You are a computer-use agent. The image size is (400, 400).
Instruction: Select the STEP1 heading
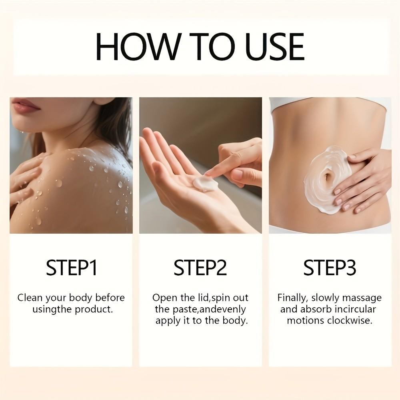point(72,268)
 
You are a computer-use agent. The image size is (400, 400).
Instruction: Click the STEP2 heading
point(200,268)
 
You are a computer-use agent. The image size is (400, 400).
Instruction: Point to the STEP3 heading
point(330,268)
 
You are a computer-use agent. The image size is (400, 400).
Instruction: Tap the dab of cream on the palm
point(205,184)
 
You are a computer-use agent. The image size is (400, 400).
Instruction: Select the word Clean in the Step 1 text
point(30,298)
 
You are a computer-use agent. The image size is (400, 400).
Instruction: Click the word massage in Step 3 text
point(362,298)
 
